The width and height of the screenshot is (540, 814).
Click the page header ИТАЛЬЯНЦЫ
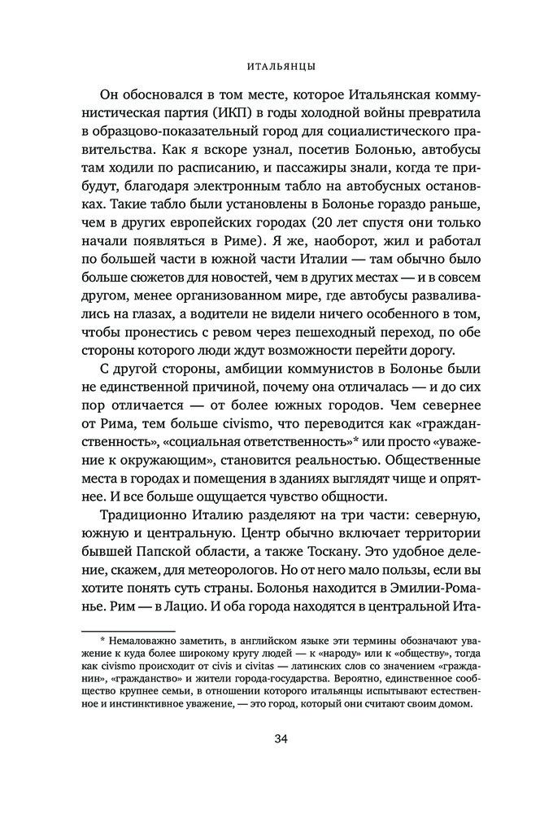coord(270,63)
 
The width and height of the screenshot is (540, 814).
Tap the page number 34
coord(270,739)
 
